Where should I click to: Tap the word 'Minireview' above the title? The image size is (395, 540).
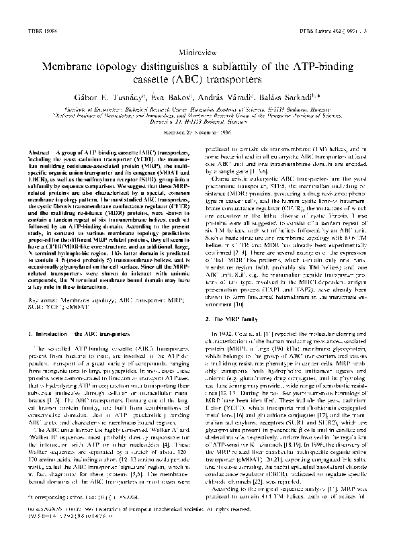pos(197,50)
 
